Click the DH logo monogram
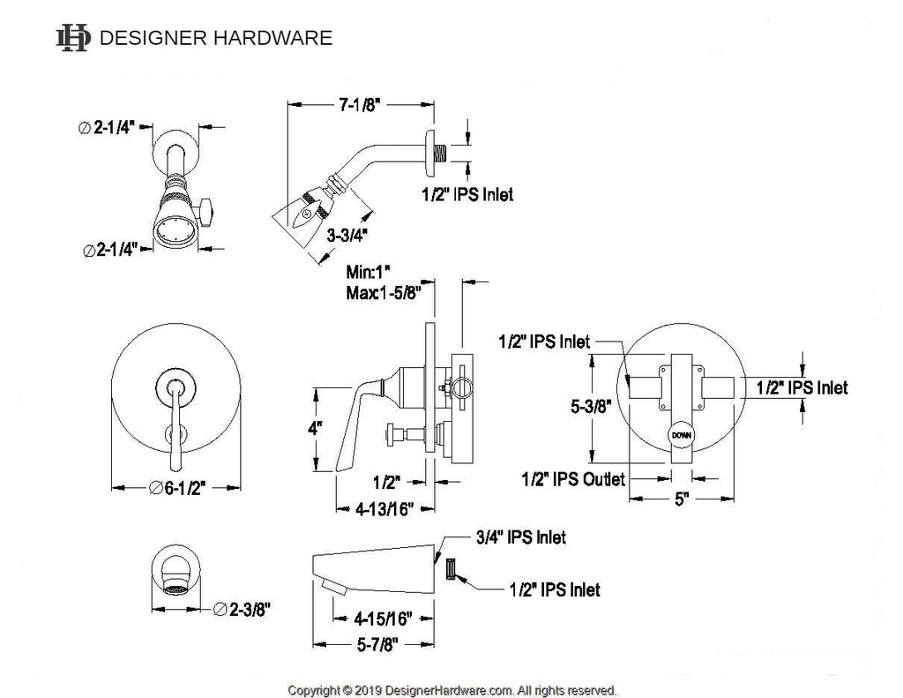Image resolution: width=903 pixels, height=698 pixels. (73, 38)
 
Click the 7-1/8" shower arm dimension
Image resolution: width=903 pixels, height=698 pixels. (360, 105)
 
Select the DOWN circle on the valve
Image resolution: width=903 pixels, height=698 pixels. (682, 435)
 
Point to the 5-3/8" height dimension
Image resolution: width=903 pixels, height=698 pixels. (591, 406)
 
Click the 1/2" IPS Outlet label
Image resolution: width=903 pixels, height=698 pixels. (573, 479)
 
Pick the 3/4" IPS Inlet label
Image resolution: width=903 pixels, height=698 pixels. (520, 537)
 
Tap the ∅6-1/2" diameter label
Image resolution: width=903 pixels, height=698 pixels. (176, 488)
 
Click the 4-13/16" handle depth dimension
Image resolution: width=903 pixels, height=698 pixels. (384, 509)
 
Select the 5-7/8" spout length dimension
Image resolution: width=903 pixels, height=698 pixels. (377, 644)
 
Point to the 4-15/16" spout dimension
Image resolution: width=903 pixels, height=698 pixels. (383, 619)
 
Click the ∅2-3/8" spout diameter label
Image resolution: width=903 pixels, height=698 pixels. (242, 609)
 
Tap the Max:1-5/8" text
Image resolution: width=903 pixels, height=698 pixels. (384, 293)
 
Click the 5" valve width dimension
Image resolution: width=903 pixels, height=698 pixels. (682, 499)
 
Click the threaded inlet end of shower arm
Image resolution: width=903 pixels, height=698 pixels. (441, 154)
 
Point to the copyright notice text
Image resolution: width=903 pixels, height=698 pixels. (452, 690)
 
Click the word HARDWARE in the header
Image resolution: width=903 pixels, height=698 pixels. (273, 38)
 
